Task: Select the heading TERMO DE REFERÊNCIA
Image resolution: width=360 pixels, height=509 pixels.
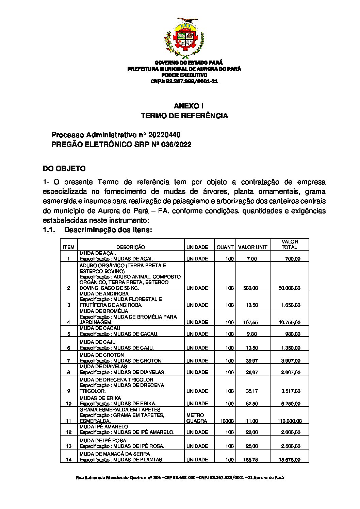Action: coord(184,116)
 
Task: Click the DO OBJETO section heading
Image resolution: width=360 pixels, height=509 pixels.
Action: coord(64,169)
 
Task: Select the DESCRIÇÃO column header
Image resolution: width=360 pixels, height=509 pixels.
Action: coord(131,247)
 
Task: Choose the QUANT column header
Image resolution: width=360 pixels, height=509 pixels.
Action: coord(225,247)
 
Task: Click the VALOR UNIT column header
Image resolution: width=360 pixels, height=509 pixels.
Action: coord(253,247)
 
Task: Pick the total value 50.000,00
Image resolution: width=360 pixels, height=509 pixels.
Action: coord(290,288)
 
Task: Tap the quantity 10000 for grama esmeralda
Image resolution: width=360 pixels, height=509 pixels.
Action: coord(227,421)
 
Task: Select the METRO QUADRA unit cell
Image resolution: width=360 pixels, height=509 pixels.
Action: coord(197,418)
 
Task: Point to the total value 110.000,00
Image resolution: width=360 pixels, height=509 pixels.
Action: coord(290,421)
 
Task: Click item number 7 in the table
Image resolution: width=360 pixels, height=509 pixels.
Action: coord(69,361)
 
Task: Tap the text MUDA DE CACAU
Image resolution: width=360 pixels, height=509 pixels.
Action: coord(100,328)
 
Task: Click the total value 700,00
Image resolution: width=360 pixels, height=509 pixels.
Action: coord(293,259)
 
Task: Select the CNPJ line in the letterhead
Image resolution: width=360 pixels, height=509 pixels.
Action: coord(184,81)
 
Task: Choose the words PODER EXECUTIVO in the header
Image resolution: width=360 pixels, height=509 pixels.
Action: coord(184,75)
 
